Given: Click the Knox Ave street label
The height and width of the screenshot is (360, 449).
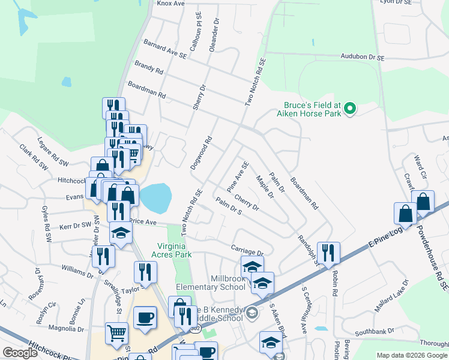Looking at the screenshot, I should pyautogui.click(x=170, y=3).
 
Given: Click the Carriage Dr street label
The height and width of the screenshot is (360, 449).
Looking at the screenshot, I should pyautogui.click(x=247, y=250).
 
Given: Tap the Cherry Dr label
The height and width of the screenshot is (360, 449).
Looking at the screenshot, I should pyautogui.click(x=246, y=202).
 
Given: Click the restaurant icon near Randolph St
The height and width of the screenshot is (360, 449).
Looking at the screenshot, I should pyautogui.click(x=328, y=253).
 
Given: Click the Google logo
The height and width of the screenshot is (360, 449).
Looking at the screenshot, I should pyautogui.click(x=20, y=353).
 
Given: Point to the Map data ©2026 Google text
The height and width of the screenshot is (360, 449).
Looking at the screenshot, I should pyautogui.click(x=412, y=355).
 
